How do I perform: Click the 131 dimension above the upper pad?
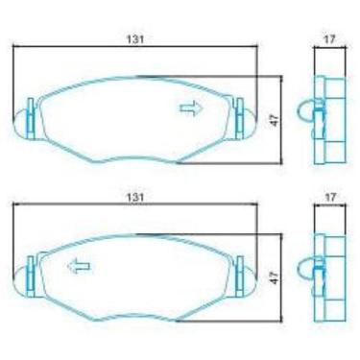point(136,38)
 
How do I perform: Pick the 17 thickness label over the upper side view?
point(330,38)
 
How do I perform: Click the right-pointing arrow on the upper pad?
point(192,108)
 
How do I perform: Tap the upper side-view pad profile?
point(331,120)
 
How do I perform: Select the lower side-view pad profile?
point(331,276)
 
